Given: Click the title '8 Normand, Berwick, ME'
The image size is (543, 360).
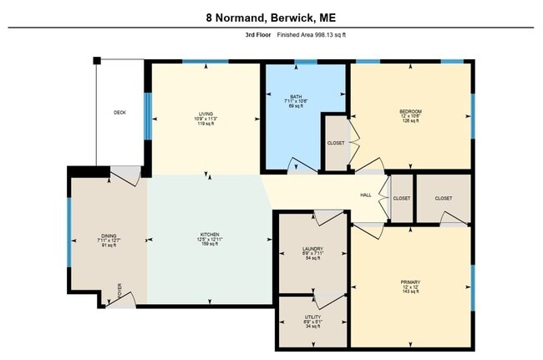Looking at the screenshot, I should [x=271, y=17].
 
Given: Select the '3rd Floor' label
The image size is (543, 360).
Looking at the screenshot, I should [x=251, y=35].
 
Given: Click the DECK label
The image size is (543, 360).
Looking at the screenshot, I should [x=120, y=113].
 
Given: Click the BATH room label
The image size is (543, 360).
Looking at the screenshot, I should [x=296, y=96].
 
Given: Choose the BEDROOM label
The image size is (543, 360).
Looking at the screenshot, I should [x=410, y=111].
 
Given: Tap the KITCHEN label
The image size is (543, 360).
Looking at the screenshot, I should [x=209, y=234].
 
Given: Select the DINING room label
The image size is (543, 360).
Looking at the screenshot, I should [x=109, y=236].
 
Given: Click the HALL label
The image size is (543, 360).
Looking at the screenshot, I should [x=365, y=195].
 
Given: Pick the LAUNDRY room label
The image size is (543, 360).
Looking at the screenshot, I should [x=312, y=248].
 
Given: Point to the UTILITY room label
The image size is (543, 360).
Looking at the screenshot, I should [x=312, y=318].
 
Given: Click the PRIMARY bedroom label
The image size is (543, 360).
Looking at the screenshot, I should [x=410, y=282].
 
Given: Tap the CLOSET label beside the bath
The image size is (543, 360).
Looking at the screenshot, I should [x=335, y=143].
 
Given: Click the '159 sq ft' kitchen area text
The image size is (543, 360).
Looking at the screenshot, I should [x=209, y=245].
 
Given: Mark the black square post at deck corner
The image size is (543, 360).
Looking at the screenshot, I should [x=97, y=60].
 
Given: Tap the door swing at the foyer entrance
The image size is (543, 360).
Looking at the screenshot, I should [x=124, y=297].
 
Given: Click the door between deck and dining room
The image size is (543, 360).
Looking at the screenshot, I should [x=127, y=175].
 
